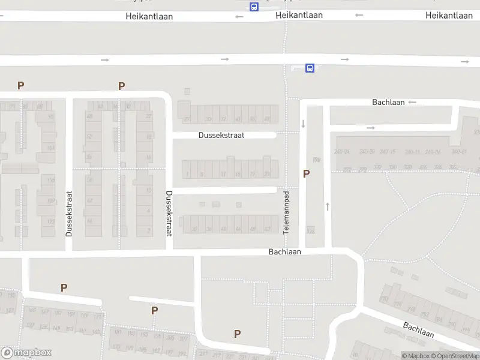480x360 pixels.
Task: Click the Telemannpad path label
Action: tap(287, 212)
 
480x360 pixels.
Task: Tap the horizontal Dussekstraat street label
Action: tap(221, 136)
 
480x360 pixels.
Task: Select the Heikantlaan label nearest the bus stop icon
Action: tap(299, 16)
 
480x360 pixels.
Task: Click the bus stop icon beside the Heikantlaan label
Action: tap(254, 7)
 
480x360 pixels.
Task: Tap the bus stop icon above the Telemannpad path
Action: tap(310, 68)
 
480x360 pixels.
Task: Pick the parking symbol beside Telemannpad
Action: tap(307, 174)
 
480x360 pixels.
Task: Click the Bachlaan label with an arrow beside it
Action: tap(388, 103)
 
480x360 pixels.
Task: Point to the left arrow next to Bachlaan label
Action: tap(412, 103)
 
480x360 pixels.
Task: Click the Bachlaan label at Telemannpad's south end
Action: tap(285, 252)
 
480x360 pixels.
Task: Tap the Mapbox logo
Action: tap(26, 353)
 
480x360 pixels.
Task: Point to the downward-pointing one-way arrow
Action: tap(303, 124)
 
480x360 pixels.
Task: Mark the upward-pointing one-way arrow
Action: tap(328, 206)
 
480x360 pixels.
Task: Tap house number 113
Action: tap(51, 220)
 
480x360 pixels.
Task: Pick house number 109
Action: tap(51, 200)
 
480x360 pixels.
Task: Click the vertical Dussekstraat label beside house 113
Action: tap(69, 213)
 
